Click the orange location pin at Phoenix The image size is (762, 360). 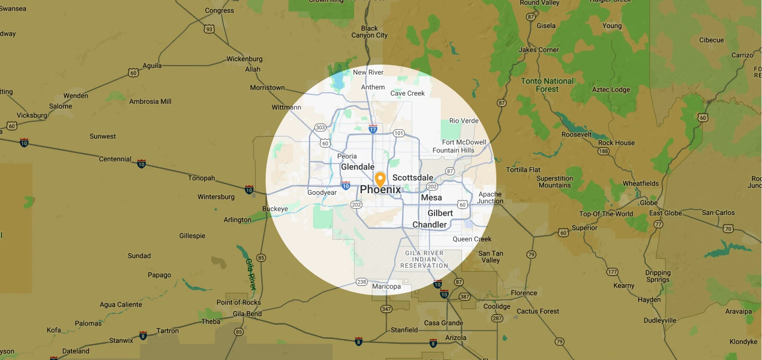coord(380,179)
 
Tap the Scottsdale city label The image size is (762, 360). coord(413,178)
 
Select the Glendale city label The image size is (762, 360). coord(358,167)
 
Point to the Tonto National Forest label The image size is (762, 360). coord(547,85)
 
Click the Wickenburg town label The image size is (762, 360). coord(244,59)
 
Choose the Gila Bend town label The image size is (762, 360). coord(247,313)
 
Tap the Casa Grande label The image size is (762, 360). coord(443,323)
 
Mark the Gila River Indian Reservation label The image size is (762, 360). coord(424,259)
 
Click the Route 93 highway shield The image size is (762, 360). coord(210,29)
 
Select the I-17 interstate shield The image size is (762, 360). coord(373,128)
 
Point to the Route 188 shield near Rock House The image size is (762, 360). coord(604,151)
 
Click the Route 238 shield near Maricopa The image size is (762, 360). coord(362,282)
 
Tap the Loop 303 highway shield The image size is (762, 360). coord(320,128)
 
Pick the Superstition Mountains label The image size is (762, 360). coord(555,182)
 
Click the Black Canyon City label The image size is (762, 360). coord(369,32)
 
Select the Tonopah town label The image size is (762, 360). coord(202,178)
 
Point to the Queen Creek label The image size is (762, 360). coord(472,239)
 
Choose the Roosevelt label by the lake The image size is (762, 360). coord(577,134)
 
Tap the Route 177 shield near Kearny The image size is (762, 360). coord(612,272)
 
